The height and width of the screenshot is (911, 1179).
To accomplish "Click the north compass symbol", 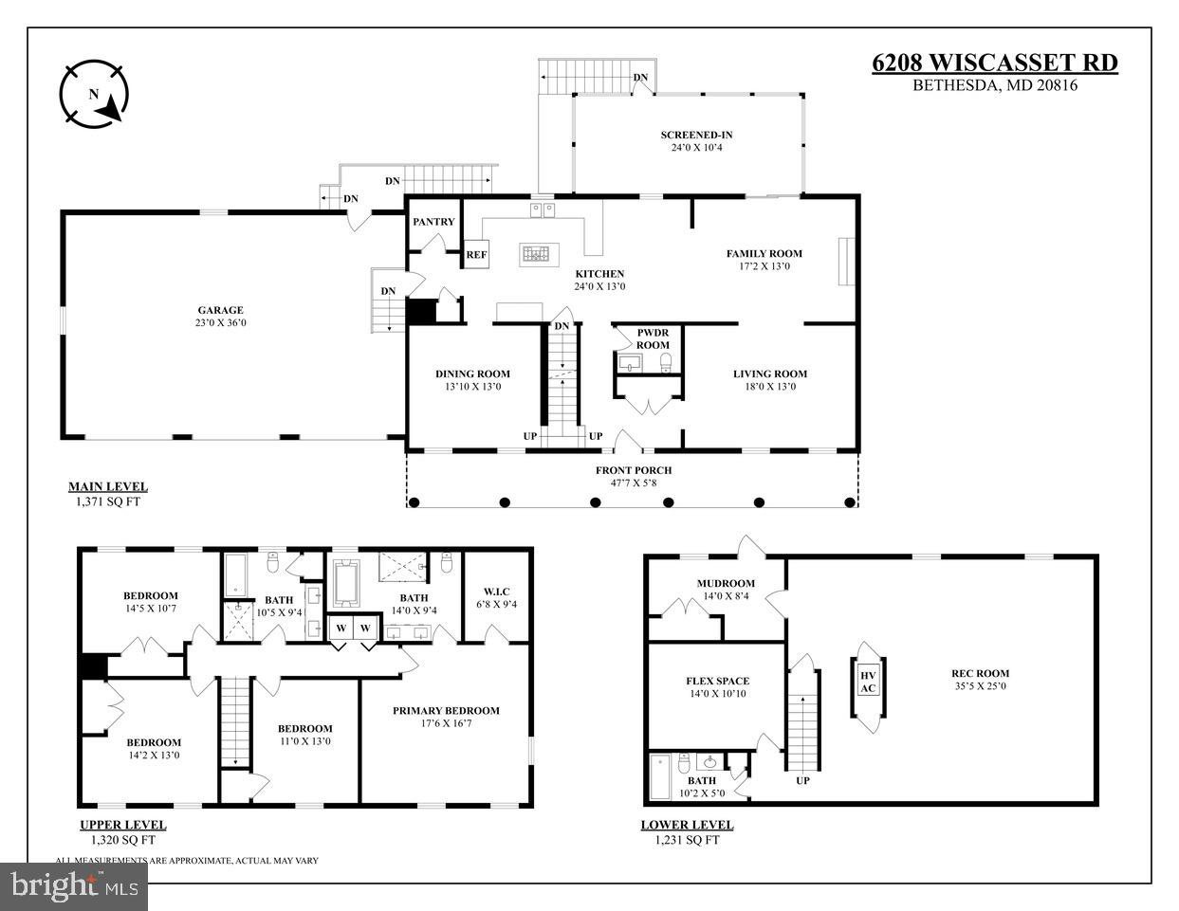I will [x=95, y=94].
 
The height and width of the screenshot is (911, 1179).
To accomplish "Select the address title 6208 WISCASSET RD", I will [x=994, y=64].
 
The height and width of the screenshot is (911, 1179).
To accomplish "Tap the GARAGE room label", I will [x=220, y=310].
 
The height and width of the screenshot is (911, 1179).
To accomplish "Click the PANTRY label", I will [x=433, y=222].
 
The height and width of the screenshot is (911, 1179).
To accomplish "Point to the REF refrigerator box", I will [x=475, y=255].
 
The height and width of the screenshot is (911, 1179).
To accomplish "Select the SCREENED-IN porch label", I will [x=696, y=135].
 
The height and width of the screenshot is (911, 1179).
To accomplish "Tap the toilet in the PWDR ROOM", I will [x=666, y=361].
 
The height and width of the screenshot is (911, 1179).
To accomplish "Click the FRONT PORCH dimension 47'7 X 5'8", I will [x=634, y=483].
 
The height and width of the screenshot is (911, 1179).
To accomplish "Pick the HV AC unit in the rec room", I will [x=868, y=682].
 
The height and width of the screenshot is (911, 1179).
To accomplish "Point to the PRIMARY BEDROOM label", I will [x=446, y=710].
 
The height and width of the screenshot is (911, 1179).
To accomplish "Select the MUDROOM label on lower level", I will [x=726, y=583].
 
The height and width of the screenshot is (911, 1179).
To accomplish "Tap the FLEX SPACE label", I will [x=717, y=681].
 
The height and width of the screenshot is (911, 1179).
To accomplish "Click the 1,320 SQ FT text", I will [x=122, y=839].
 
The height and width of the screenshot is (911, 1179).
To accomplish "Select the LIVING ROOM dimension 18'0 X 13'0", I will [x=769, y=386].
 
